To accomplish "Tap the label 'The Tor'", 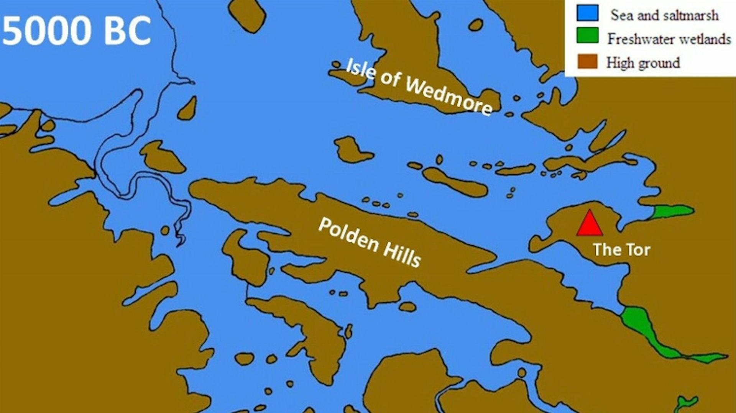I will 621,250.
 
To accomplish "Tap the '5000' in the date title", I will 46,31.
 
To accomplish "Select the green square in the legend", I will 587,36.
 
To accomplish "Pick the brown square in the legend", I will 587,61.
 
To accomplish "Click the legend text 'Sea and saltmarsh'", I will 664,15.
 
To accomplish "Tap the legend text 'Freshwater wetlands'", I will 669,39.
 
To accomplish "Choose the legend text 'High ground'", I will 643,62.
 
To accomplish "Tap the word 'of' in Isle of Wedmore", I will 390,79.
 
